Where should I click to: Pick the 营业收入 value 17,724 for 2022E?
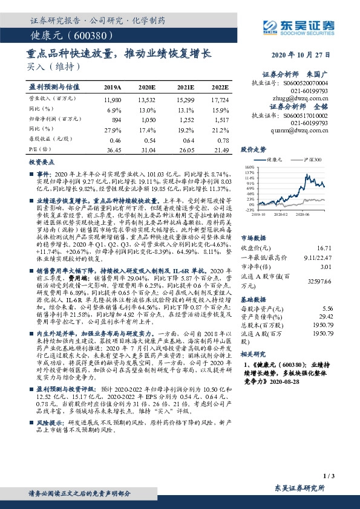(x=220, y=99)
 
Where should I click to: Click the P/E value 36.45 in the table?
(x=113, y=149)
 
